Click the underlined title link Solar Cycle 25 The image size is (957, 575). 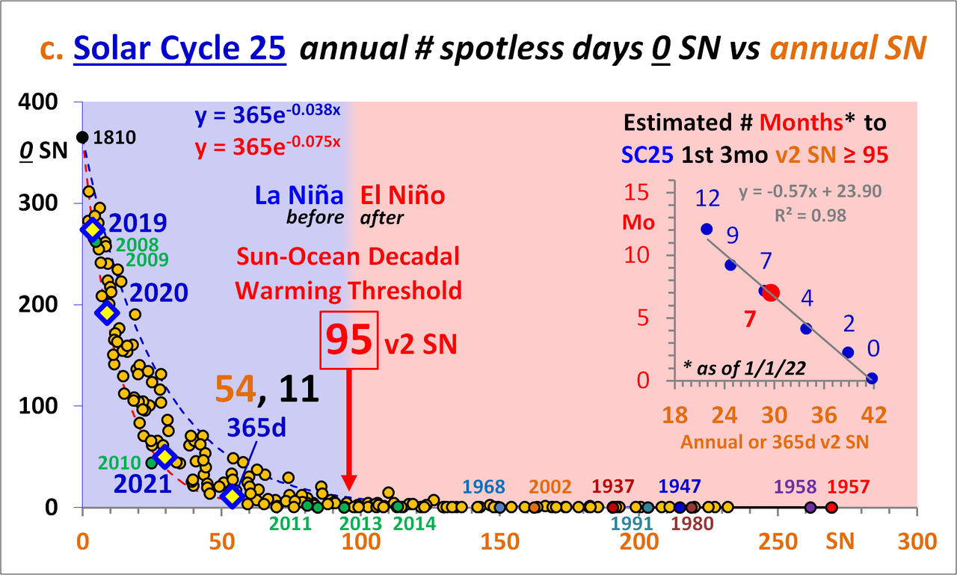click(180, 49)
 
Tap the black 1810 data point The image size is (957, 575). click(82, 137)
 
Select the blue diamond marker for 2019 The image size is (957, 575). click(92, 230)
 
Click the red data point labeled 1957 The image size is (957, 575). click(831, 507)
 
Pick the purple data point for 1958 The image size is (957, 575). click(810, 507)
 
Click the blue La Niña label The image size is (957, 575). click(299, 196)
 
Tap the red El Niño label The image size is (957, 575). click(402, 196)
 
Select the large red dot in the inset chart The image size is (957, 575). click(771, 292)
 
